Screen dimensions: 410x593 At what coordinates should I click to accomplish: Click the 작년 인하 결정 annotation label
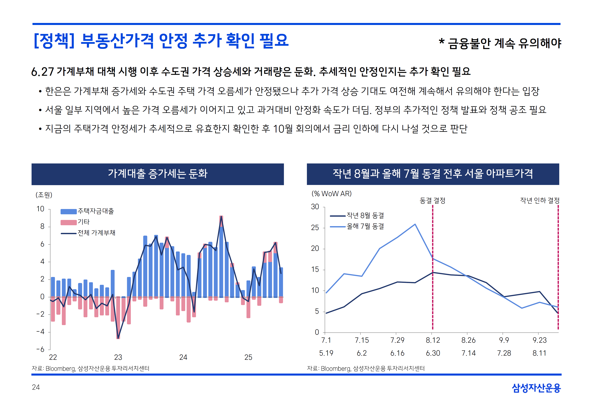[x=540, y=200]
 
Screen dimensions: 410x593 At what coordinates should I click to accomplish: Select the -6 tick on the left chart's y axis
[x=41, y=349]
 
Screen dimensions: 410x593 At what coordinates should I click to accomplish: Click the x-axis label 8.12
[x=433, y=340]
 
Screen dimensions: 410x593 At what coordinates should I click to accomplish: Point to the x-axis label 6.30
[x=433, y=353]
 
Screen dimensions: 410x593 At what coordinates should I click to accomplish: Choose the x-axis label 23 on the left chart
[x=118, y=357]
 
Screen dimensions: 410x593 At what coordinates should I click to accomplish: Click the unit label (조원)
[x=44, y=195]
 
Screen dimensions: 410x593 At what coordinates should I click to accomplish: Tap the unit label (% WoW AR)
[x=332, y=194]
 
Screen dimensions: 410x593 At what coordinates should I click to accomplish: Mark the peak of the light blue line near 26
[x=415, y=224]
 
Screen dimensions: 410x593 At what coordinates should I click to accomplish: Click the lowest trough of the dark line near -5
[x=118, y=338]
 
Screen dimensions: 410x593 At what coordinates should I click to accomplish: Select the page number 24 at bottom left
[x=36, y=387]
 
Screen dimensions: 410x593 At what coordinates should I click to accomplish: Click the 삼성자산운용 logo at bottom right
[x=536, y=388]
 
